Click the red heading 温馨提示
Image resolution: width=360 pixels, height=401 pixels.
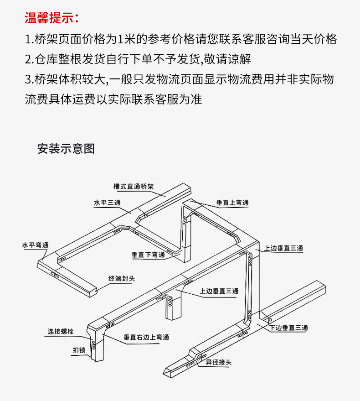tap(51, 18)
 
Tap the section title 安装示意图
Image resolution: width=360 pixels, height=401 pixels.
tap(66, 149)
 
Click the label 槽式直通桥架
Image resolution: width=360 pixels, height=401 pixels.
tap(134, 187)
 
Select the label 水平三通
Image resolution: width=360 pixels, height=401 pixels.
tap(107, 203)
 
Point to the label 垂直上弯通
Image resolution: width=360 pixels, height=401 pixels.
tap(232, 203)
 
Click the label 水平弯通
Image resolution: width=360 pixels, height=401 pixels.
tap(35, 245)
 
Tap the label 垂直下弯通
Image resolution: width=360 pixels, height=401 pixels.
tap(148, 255)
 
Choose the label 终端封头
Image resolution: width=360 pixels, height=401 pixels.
tap(122, 278)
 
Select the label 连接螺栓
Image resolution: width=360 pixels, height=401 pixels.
tap(61, 332)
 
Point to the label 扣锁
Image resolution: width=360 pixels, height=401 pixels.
tap(79, 350)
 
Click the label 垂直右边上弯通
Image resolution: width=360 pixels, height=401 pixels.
tap(146, 337)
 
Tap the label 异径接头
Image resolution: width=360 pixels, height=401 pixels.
tap(218, 362)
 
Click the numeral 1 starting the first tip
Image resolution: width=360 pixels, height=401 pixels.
tap(28, 39)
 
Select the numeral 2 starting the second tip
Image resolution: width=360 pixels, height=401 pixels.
tap(28, 59)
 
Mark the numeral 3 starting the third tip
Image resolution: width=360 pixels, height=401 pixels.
tap(28, 79)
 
